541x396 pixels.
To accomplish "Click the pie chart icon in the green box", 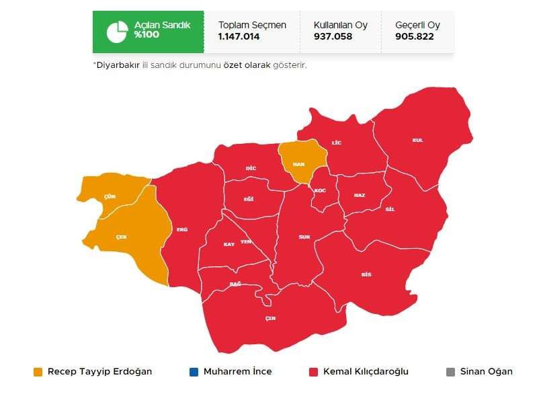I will (x=117, y=31).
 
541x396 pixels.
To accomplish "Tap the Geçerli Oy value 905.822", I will (x=415, y=37).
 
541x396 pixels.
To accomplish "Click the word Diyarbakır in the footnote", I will (x=118, y=65).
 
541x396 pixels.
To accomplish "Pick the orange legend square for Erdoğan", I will (x=38, y=372).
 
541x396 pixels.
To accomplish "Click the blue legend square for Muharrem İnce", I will (x=194, y=372).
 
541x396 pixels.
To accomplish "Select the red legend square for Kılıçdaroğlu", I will (x=313, y=372).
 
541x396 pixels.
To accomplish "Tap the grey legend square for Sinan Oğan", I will (x=450, y=372).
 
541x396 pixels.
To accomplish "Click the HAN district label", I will (x=299, y=164).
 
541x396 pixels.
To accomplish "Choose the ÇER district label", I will (x=122, y=237).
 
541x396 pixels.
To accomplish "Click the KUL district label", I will (x=418, y=140).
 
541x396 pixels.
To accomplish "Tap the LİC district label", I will (x=337, y=143).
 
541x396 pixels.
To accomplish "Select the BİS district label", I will (x=366, y=274).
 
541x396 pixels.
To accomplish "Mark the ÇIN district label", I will (x=270, y=318).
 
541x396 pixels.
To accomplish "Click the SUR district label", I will (x=304, y=237).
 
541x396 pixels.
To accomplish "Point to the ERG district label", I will (x=182, y=229).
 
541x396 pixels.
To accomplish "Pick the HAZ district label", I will (x=360, y=195).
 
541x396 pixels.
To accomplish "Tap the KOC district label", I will (x=320, y=191).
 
